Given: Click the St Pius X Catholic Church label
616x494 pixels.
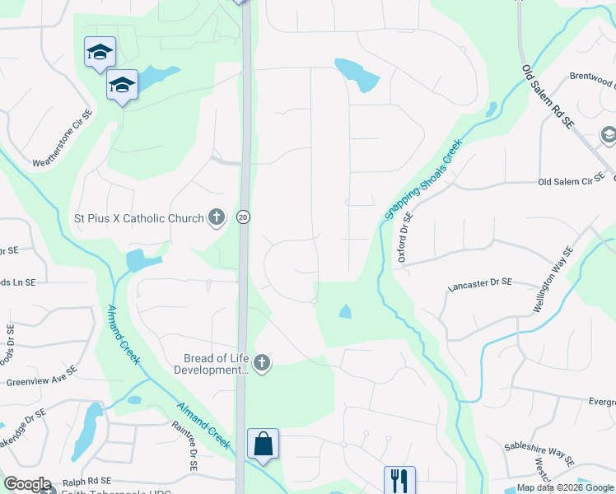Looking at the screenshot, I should (139, 218).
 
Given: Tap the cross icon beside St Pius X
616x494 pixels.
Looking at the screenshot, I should (217, 218).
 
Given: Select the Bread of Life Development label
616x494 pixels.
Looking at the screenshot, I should (215, 364).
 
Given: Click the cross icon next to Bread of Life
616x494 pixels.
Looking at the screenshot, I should (262, 363).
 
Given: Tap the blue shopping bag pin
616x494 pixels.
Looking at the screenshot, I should (263, 445).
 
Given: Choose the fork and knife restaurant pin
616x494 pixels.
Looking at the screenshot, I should (399, 479).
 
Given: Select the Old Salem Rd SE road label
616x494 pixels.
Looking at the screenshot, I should (548, 96).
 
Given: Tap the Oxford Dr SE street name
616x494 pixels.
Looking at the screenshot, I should (404, 236).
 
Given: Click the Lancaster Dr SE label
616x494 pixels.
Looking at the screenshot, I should (479, 284).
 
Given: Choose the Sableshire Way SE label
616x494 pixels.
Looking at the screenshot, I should (539, 454).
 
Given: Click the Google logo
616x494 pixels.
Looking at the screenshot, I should (27, 484).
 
